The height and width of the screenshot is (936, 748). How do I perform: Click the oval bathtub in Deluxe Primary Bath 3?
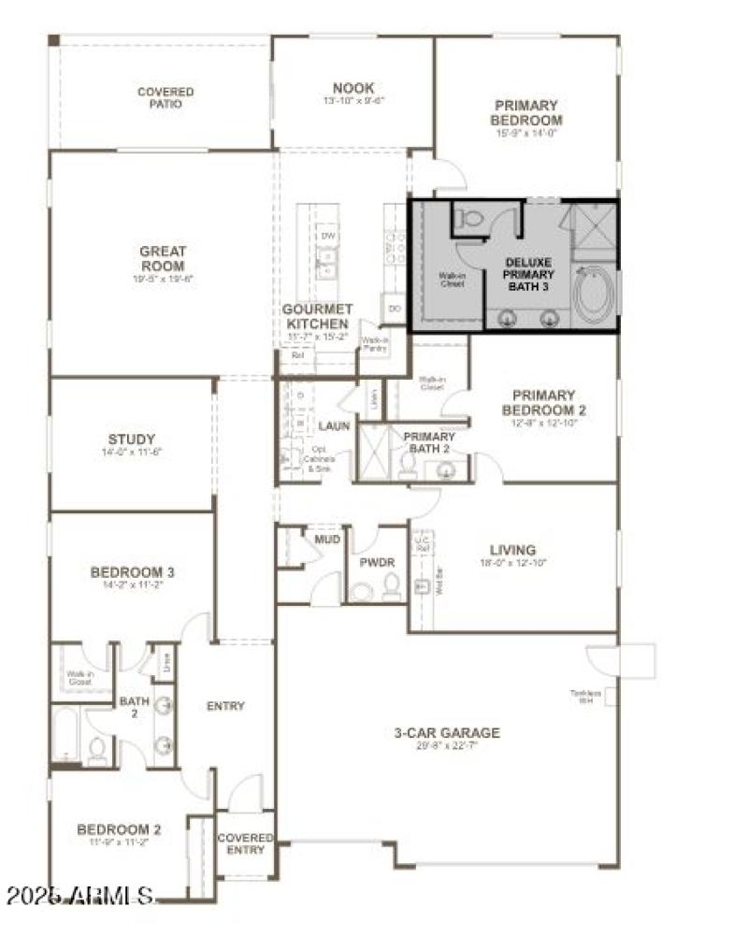[x=591, y=296]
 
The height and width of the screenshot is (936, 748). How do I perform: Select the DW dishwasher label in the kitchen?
[x=327, y=237]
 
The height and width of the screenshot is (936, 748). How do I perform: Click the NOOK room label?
[x=353, y=89]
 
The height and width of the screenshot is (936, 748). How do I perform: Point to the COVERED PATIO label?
[x=165, y=97]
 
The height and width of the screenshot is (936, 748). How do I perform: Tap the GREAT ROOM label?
[x=163, y=257]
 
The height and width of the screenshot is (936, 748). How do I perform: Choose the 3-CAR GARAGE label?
[x=446, y=733]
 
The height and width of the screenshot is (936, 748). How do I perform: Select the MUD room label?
[x=326, y=540]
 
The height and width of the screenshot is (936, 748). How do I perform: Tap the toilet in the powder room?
[x=392, y=586]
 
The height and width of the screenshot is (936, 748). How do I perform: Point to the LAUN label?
[x=334, y=425]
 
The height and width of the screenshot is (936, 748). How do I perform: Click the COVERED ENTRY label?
[x=245, y=844]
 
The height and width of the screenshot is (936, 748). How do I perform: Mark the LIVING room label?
[x=513, y=550]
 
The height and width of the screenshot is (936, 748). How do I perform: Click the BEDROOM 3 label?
[x=132, y=572]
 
